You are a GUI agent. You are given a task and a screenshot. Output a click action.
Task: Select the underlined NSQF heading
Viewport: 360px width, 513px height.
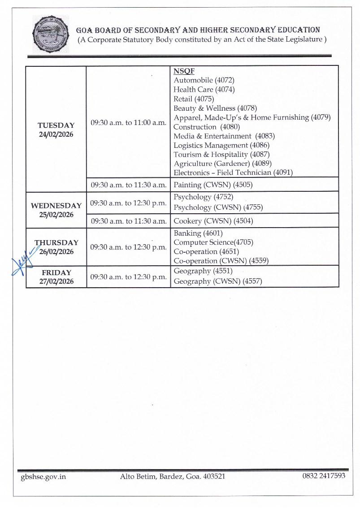click(184, 71)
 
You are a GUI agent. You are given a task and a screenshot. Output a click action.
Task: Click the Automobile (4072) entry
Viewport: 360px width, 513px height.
click(204, 80)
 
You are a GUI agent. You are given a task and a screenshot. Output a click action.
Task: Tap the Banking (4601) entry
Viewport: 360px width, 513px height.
click(198, 233)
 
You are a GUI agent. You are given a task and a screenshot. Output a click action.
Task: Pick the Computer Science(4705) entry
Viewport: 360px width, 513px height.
click(213, 242)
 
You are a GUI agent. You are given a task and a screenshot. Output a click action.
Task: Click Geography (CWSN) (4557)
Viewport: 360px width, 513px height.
click(217, 281)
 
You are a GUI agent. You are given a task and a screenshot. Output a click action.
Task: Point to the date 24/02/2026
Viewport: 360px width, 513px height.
click(56, 134)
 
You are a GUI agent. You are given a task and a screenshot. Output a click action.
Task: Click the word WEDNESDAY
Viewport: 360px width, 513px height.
click(56, 206)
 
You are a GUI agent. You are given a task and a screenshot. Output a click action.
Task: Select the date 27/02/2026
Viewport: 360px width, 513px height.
click(56, 281)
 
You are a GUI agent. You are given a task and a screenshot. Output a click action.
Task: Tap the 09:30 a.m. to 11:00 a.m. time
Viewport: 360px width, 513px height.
click(128, 122)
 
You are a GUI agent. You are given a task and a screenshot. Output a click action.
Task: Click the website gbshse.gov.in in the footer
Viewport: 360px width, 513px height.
click(43, 476)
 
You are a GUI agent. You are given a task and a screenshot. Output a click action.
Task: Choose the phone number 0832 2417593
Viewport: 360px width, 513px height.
click(324, 476)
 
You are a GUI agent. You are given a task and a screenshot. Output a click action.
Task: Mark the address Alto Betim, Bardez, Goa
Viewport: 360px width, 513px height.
click(172, 476)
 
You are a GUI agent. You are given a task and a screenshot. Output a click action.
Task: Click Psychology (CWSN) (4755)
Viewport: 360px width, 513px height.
click(218, 207)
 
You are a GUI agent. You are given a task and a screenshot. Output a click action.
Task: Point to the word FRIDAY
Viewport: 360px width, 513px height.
click(56, 272)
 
